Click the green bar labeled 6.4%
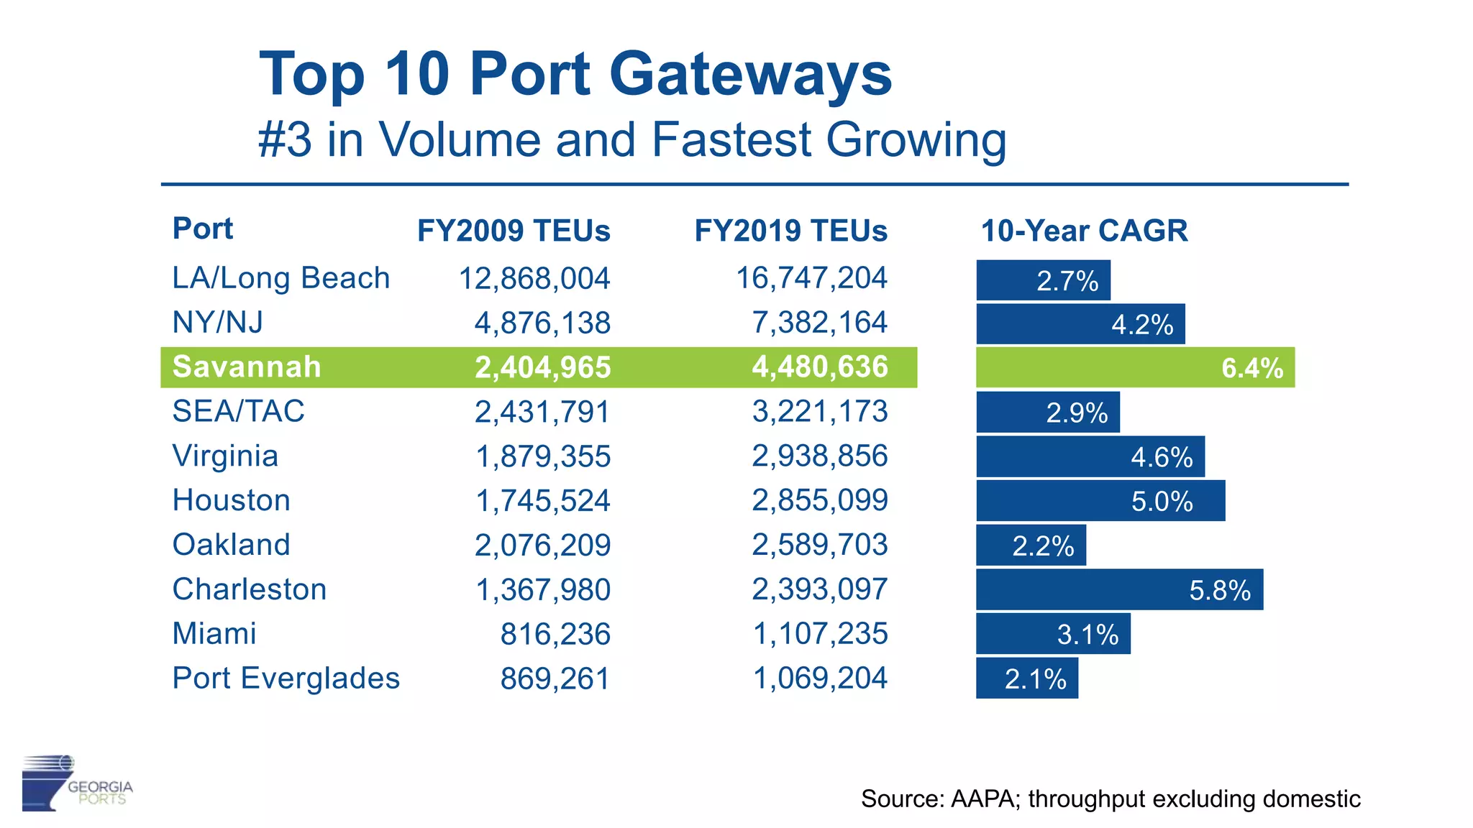(x=1135, y=367)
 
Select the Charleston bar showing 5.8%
(x=1119, y=590)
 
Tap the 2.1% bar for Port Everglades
(x=1027, y=678)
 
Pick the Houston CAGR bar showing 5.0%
(x=1100, y=501)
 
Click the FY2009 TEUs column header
(x=514, y=231)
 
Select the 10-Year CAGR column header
(x=1084, y=231)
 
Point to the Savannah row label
(x=247, y=367)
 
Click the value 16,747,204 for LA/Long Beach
(x=811, y=278)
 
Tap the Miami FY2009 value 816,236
(x=555, y=635)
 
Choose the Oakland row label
(x=231, y=545)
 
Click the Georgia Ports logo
(x=76, y=783)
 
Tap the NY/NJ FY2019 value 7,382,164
(x=819, y=323)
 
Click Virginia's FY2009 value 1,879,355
(x=543, y=456)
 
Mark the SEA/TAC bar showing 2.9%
(x=1047, y=413)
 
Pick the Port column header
(x=202, y=229)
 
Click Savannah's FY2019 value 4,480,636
(x=819, y=367)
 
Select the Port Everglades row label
(x=286, y=678)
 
